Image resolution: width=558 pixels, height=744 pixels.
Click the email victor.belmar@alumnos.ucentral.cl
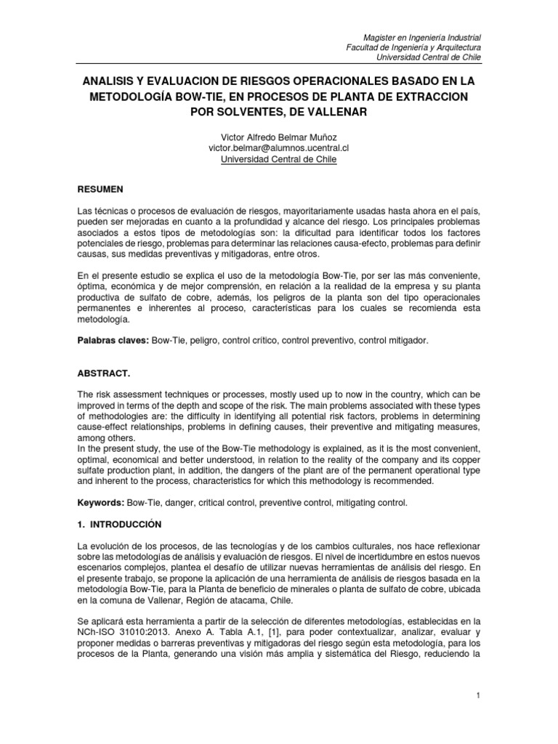[279, 148]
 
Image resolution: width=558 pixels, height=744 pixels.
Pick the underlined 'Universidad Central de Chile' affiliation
[279, 159]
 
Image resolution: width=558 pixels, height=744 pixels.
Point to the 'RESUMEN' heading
[101, 189]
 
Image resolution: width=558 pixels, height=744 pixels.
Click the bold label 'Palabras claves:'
[113, 340]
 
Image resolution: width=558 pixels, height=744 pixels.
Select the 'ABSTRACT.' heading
[104, 373]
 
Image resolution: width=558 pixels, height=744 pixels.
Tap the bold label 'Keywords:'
[101, 503]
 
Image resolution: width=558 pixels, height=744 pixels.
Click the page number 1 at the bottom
[479, 696]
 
